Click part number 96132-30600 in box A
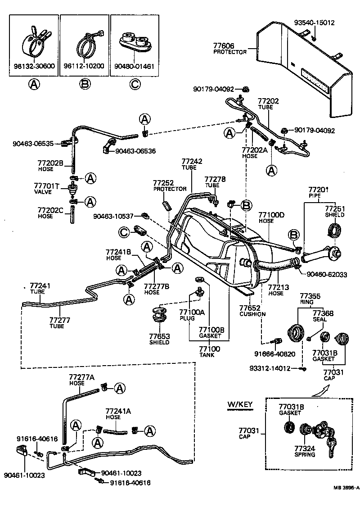click(34, 66)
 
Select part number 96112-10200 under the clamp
click(84, 66)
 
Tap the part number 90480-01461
click(134, 66)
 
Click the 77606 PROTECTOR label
click(229, 49)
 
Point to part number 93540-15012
click(315, 23)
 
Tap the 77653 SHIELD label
click(159, 339)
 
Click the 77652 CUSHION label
click(252, 311)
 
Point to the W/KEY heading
click(240, 404)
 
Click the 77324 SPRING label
click(305, 451)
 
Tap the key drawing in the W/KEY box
click(331, 445)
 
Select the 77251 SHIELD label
click(334, 212)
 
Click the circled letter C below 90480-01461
click(134, 84)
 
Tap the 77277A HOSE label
click(81, 379)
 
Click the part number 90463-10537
click(113, 216)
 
